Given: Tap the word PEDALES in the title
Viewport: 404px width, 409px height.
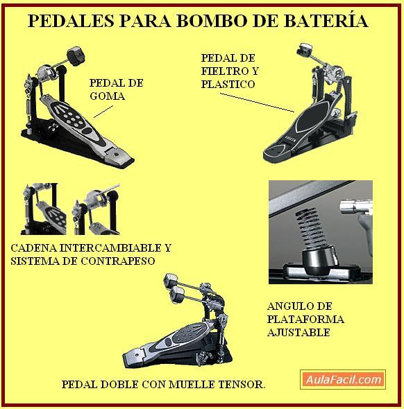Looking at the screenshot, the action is tap(71, 21).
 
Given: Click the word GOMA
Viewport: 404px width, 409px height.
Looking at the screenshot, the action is tap(108, 96).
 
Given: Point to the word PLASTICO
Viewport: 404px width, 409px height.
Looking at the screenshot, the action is tap(228, 85).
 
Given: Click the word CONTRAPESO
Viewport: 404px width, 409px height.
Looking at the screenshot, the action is tap(117, 261).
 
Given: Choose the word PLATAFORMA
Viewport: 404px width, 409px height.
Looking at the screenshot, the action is tap(305, 320).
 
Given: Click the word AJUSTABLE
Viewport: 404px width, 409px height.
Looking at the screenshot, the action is tap(298, 333).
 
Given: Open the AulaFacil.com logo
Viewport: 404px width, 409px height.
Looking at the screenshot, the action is tap(343, 379).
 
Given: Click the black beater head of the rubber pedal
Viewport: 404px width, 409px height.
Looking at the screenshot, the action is tap(76, 55).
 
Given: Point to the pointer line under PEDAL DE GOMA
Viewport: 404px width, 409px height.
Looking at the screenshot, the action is tap(103, 112).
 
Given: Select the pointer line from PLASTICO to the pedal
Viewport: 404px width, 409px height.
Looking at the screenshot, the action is tap(258, 103).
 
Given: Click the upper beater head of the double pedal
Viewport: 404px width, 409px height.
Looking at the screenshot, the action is tap(171, 279).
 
